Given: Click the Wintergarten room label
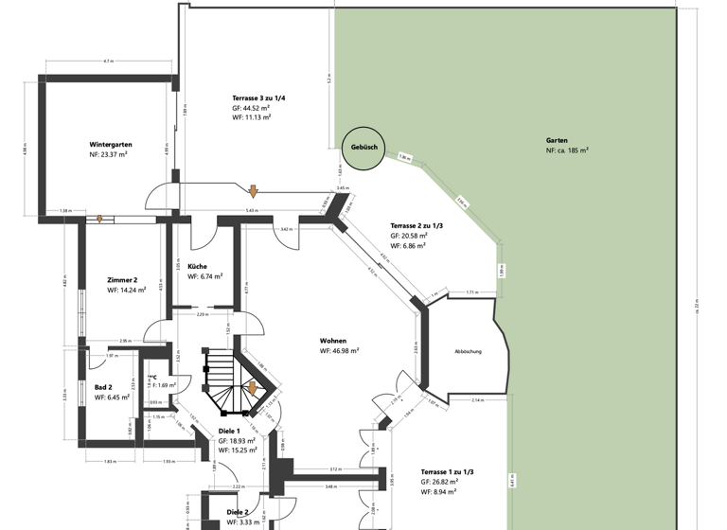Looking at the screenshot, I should tap(111, 144).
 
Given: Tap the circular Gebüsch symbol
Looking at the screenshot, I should tap(364, 148).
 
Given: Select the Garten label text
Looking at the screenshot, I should tap(557, 139).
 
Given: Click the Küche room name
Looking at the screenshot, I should tap(197, 266).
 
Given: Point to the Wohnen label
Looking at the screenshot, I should tap(333, 340).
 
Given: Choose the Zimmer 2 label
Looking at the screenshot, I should tap(123, 280).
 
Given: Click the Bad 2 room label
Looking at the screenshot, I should tap(104, 387).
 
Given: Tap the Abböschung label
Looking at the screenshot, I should tap(468, 351).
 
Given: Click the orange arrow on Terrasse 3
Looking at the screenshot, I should tap(253, 193).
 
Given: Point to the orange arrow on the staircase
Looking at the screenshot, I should tap(253, 389).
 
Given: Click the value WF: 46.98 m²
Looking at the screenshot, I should tap(339, 350).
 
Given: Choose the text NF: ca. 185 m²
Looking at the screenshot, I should tap(567, 150).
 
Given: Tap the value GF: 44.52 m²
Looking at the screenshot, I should tap(251, 108).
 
